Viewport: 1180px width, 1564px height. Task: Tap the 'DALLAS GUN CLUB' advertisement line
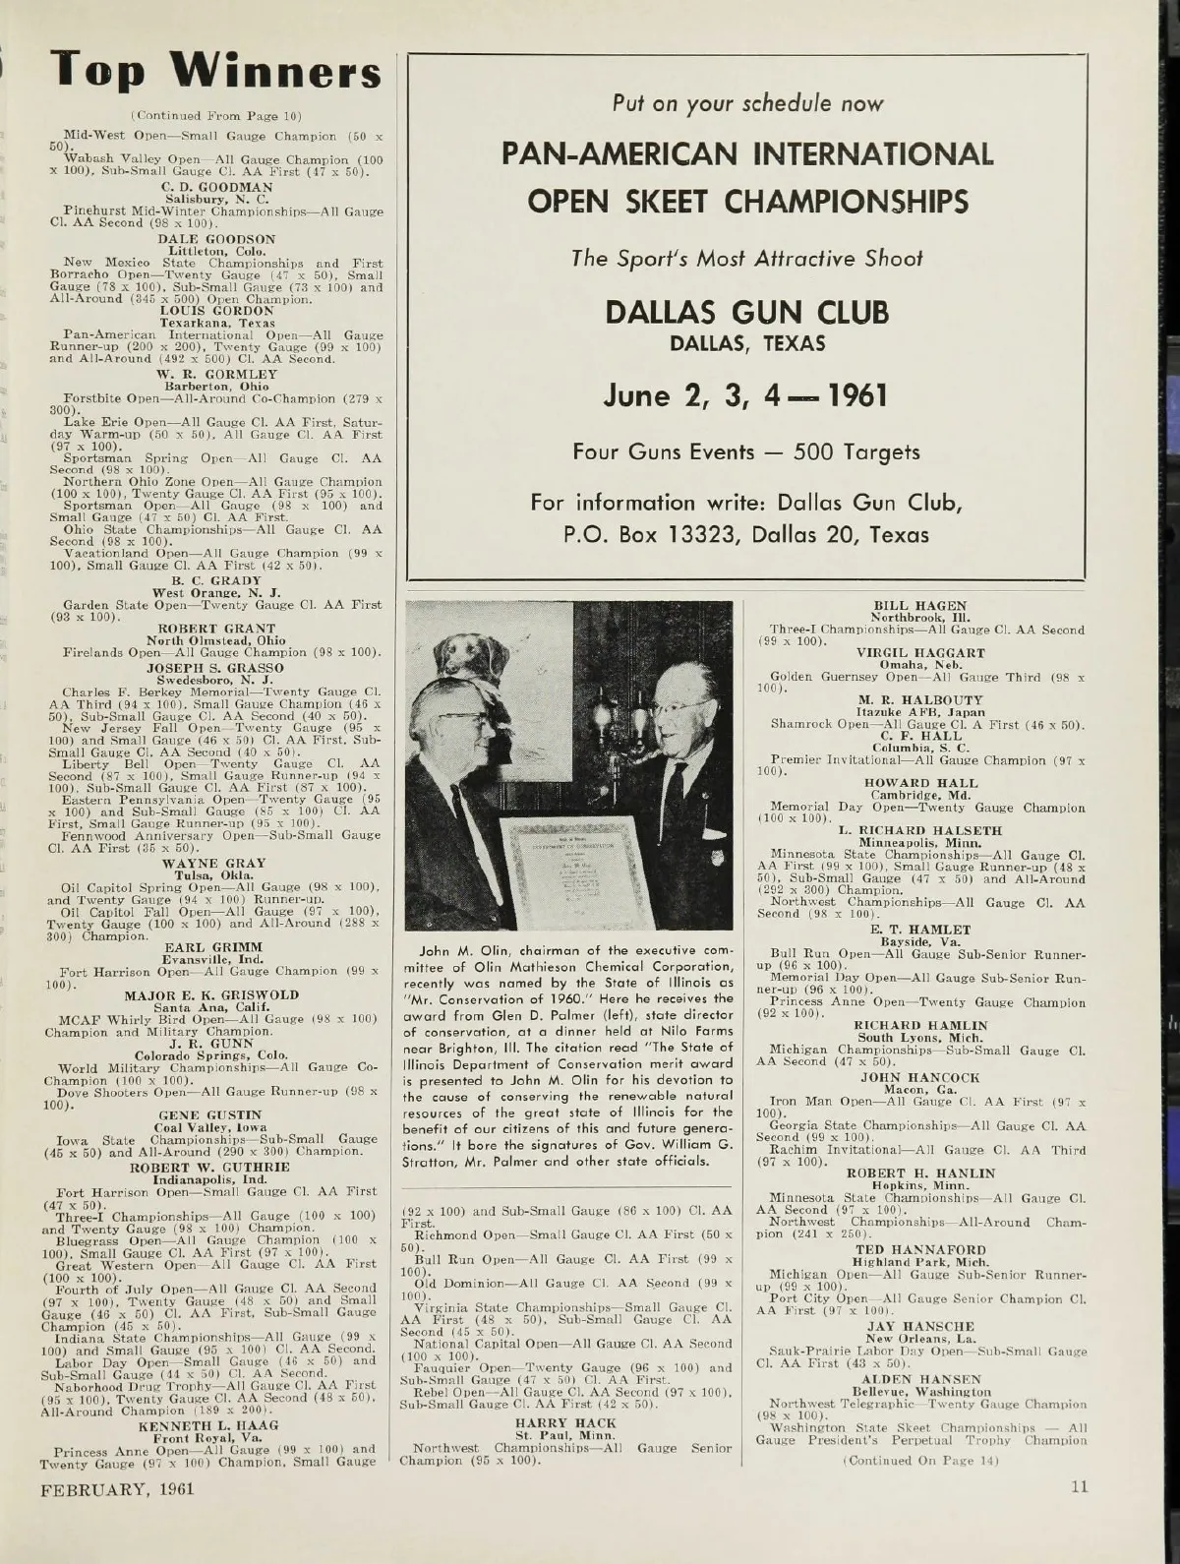(747, 313)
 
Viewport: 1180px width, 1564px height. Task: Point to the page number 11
(1080, 1487)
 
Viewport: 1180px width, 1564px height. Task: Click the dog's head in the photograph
(469, 654)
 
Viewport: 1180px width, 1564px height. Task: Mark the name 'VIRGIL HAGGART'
(921, 652)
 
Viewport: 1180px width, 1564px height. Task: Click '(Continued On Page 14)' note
(920, 1460)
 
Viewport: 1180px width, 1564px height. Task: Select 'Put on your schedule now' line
(747, 103)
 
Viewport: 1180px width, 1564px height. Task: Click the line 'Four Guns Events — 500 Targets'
(747, 452)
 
